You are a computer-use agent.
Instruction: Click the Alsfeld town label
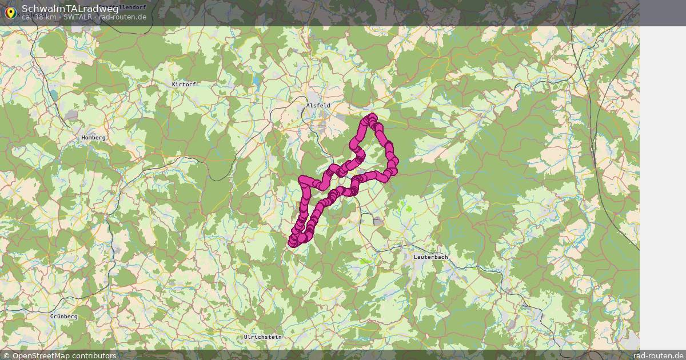(x=318, y=106)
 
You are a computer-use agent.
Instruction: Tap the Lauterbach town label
(x=430, y=257)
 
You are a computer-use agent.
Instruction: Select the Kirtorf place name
(x=184, y=85)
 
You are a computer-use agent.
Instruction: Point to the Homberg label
(x=93, y=138)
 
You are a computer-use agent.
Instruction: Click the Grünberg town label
(x=63, y=317)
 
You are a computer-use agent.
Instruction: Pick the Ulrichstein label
(x=262, y=337)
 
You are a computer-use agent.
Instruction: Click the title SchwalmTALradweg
(x=70, y=9)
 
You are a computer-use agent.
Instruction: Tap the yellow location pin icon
(x=10, y=12)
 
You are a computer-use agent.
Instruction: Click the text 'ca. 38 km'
(x=39, y=17)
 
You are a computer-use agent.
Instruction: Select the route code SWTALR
(x=77, y=17)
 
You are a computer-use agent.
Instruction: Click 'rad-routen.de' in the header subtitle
(x=122, y=17)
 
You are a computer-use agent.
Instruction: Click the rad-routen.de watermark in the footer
(x=662, y=355)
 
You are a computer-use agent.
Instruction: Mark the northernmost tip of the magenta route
(x=372, y=117)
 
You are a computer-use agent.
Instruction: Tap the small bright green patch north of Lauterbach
(x=408, y=206)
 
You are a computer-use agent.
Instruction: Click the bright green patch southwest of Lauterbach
(x=365, y=261)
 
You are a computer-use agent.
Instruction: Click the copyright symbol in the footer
(x=6, y=355)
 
